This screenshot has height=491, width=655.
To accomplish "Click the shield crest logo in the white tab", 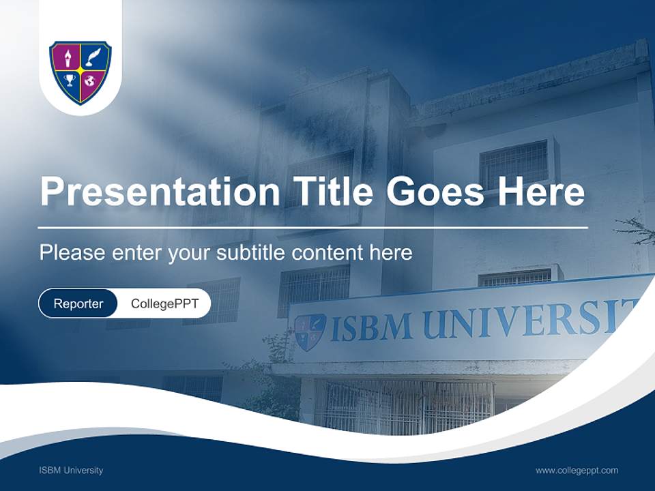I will click(81, 72).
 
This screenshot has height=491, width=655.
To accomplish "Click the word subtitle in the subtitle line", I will click(252, 253).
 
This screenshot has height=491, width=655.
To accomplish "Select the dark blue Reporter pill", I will click(78, 303).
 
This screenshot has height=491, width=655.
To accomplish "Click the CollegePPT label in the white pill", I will click(164, 303).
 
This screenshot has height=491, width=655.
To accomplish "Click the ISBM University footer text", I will click(71, 471).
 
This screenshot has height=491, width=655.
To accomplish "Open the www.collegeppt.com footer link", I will click(577, 471).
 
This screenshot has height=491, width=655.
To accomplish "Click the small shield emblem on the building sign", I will click(310, 331).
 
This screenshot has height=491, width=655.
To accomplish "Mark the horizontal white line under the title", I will click(312, 228).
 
